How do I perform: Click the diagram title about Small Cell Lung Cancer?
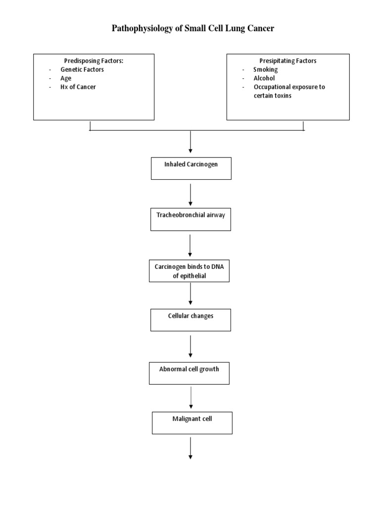(193, 28)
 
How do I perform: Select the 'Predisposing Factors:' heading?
(94, 61)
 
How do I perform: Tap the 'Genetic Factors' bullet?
(82, 70)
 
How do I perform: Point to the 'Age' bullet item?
(66, 78)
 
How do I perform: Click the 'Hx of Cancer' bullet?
(78, 87)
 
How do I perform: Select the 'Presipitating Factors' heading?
(288, 61)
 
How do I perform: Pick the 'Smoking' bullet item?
(265, 70)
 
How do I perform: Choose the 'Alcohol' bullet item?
(264, 78)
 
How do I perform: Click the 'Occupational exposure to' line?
(289, 87)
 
